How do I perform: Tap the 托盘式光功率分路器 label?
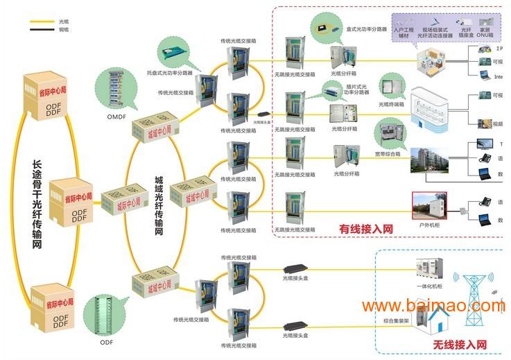(169, 72)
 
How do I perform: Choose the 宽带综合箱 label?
(388, 154)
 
